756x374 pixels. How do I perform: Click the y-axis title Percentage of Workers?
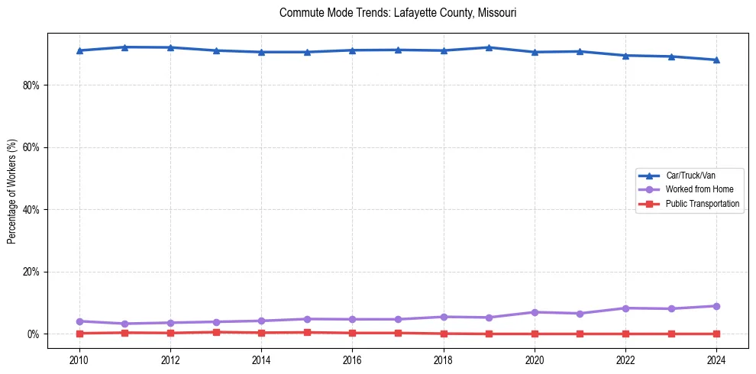pyautogui.click(x=11, y=192)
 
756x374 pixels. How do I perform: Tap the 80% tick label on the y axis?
pyautogui.click(x=31, y=85)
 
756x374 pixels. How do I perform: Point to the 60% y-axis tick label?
pyautogui.click(x=31, y=147)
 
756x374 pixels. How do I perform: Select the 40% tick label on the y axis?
pyautogui.click(x=31, y=209)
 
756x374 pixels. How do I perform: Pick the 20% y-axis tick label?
pyautogui.click(x=31, y=272)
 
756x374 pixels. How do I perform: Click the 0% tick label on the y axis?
pyautogui.click(x=33, y=334)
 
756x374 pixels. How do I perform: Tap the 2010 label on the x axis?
pyautogui.click(x=79, y=358)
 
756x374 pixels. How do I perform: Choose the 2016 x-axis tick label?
pyautogui.click(x=352, y=358)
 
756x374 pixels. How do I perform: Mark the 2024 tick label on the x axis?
pyautogui.click(x=716, y=358)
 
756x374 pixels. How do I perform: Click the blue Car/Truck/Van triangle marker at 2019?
pyautogui.click(x=489, y=47)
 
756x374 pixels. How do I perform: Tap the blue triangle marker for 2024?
pyautogui.click(x=716, y=60)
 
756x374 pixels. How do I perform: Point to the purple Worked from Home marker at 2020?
pyautogui.click(x=535, y=312)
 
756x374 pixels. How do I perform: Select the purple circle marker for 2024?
pyautogui.click(x=716, y=306)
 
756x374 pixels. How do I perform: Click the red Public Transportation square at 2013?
pyautogui.click(x=216, y=332)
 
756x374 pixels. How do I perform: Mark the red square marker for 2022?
pyautogui.click(x=625, y=334)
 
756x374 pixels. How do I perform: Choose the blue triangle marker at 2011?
pyautogui.click(x=125, y=47)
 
